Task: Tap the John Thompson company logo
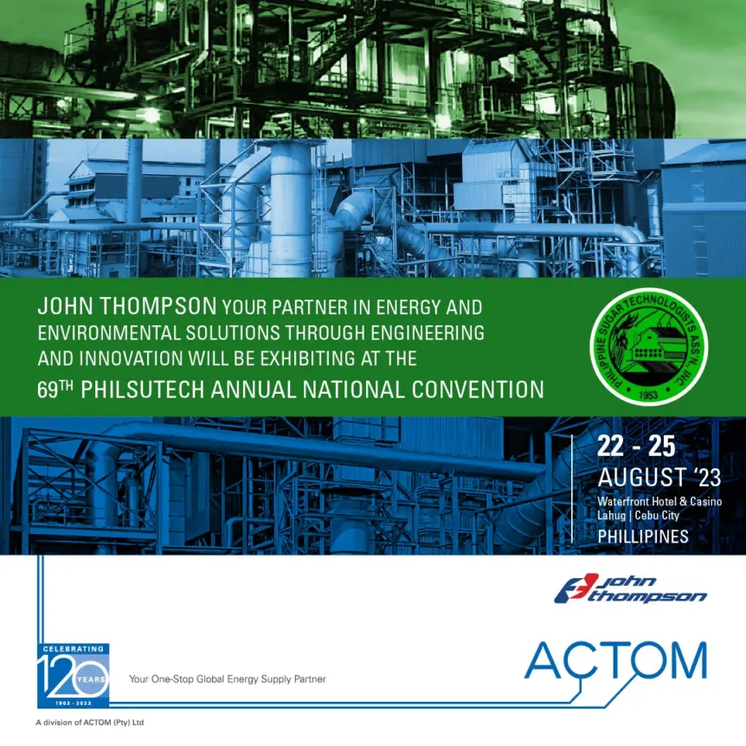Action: [630, 589]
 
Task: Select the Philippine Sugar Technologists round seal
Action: [648, 347]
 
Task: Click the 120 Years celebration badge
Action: [74, 676]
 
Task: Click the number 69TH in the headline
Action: [55, 389]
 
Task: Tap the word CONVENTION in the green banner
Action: [478, 389]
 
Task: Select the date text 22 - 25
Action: [636, 447]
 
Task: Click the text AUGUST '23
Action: [659, 477]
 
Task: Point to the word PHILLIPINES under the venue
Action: [643, 537]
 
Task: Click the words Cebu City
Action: [657, 515]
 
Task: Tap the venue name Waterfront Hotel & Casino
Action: [659, 501]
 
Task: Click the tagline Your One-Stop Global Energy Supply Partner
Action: [228, 678]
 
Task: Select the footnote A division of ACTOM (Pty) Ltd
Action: [90, 723]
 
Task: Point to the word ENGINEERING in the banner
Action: [428, 333]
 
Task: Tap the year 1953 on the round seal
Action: [648, 395]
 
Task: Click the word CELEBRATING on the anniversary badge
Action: [74, 649]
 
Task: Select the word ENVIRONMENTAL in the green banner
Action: [109, 333]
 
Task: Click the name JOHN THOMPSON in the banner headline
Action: [127, 305]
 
